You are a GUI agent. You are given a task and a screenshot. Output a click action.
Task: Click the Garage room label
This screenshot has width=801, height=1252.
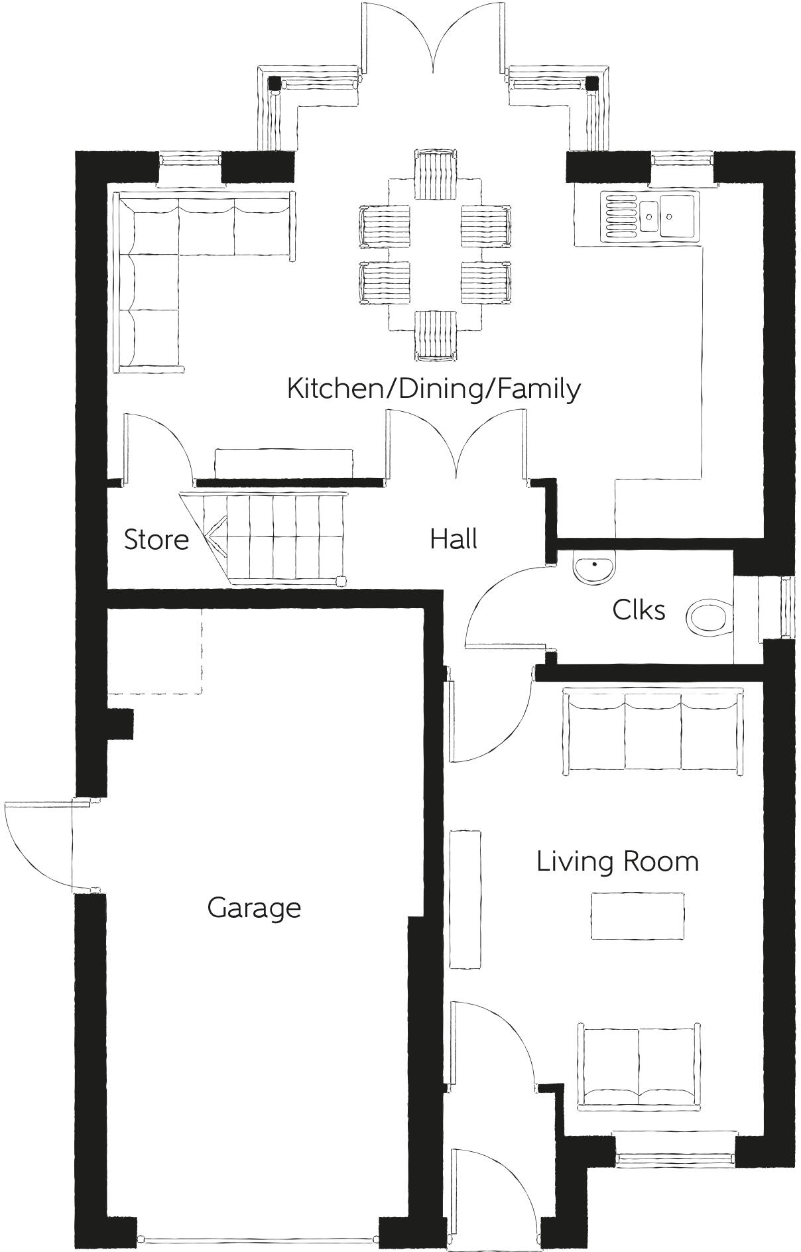(254, 908)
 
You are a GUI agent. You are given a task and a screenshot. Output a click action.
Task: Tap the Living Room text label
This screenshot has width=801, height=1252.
(617, 861)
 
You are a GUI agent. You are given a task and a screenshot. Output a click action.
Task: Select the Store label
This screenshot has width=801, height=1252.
(156, 539)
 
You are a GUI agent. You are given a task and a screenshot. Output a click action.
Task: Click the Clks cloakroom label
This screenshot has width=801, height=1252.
(639, 609)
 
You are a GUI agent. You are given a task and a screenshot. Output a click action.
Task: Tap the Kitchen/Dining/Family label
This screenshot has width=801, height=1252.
(434, 388)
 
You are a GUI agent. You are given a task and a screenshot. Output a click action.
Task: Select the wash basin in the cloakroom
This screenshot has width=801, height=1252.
(594, 568)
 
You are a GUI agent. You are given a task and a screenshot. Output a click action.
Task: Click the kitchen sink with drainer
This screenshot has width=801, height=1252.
(650, 216)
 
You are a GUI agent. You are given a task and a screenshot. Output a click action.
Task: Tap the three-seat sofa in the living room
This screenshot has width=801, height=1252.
(652, 731)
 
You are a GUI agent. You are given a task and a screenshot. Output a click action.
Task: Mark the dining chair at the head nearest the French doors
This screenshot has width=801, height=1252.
(436, 174)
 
